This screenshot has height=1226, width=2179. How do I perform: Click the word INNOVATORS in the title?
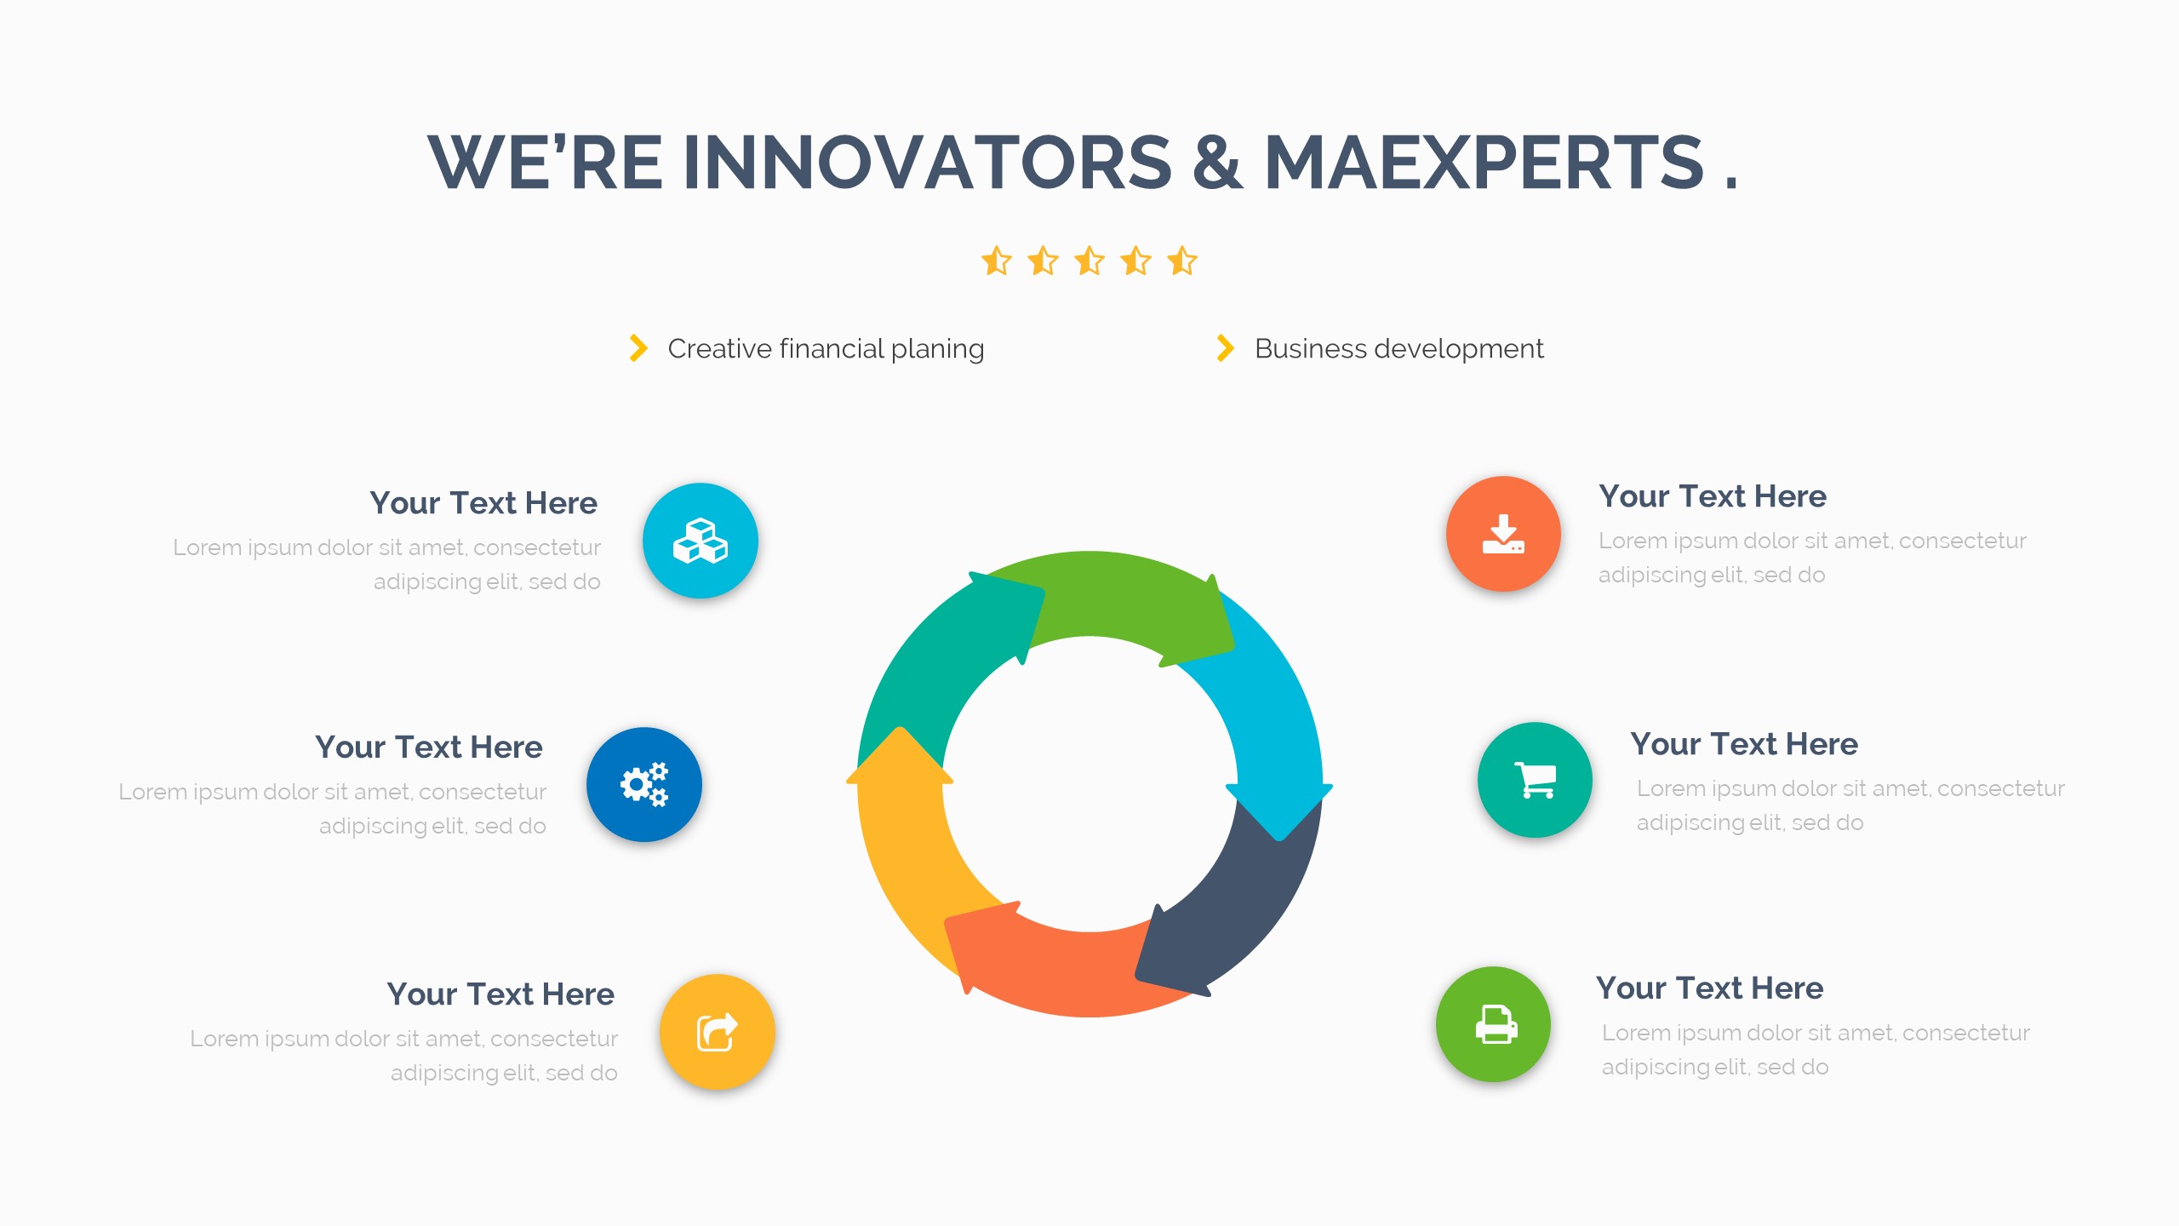928,162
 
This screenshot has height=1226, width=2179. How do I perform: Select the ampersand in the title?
1218,162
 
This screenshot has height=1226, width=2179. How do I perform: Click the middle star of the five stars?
1089,261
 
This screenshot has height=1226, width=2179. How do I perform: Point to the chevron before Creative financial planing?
638,348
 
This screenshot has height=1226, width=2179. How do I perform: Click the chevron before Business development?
1226,348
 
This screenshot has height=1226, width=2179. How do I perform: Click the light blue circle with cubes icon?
700,541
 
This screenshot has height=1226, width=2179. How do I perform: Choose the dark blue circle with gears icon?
644,784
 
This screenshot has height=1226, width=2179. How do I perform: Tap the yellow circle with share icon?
717,1032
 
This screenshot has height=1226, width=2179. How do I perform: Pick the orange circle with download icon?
1503,534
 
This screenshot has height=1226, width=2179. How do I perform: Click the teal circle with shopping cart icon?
1535,780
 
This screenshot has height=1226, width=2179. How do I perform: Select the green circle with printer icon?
1494,1024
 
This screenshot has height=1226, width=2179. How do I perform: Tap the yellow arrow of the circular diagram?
906,851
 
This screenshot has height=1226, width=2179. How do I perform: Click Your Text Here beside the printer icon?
1709,988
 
